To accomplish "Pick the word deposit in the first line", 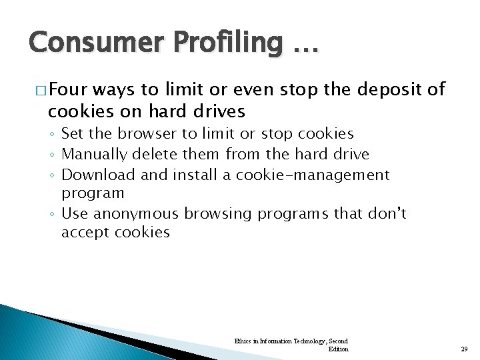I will click(389, 90).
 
